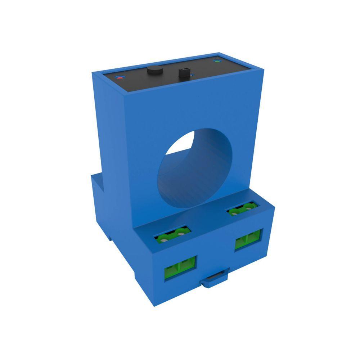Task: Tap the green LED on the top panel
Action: [x=217, y=61]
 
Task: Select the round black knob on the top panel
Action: [x=153, y=70]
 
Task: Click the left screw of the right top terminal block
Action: [x=235, y=212]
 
